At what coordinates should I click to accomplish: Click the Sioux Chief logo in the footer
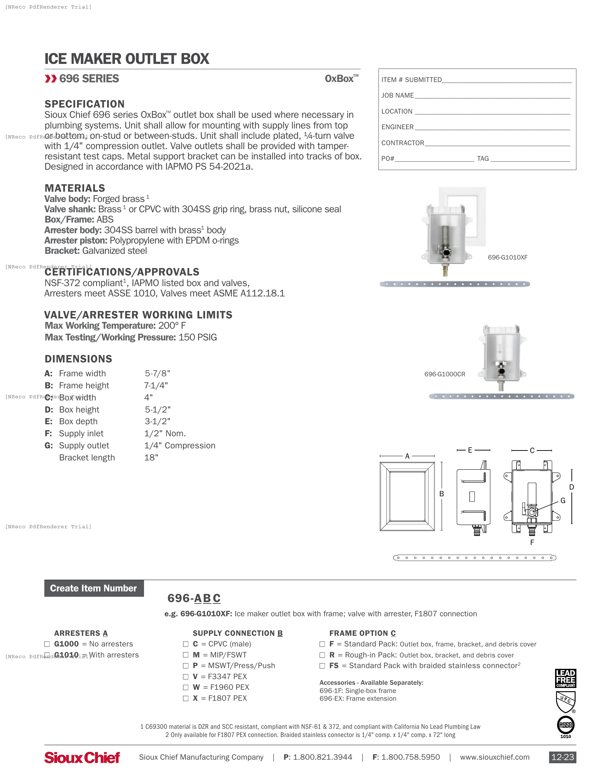pos(82,758)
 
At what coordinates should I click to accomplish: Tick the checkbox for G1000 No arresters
pos(47,644)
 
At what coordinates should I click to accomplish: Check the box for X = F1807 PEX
pos(186,698)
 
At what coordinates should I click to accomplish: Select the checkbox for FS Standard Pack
pos(322,666)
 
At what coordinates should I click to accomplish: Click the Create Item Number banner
pos(94,588)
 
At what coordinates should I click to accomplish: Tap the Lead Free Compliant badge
pos(565,678)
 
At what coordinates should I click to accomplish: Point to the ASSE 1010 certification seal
pos(565,726)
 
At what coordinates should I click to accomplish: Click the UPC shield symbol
pos(565,701)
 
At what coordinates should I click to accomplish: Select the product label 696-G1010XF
pos(507,257)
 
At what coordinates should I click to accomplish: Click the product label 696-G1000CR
pos(444,375)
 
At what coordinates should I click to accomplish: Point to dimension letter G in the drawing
pos(563,501)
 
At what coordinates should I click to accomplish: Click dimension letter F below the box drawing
pos(532,542)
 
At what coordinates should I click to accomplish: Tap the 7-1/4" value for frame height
pos(156,386)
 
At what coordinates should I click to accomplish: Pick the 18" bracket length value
pos(151,458)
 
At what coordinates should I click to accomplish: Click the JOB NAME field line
pos(492,96)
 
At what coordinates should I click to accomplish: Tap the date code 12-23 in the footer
pos(562,758)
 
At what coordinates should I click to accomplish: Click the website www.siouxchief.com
pos(494,758)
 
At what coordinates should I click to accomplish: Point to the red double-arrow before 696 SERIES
pos(51,79)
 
